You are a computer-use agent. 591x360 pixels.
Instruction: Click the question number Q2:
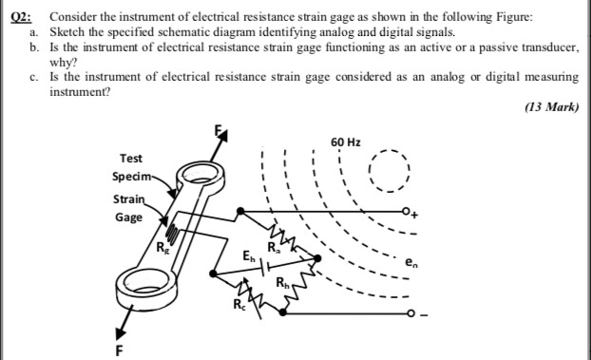coord(17,18)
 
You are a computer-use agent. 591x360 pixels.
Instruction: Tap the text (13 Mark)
coord(552,107)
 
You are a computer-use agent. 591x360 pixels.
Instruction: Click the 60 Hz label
coord(345,142)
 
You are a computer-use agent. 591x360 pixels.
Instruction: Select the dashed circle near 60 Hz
coord(388,173)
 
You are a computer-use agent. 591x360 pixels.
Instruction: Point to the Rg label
coord(161,250)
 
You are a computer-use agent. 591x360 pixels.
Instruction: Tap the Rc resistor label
coord(238,306)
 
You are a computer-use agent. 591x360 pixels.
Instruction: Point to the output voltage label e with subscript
coord(409,261)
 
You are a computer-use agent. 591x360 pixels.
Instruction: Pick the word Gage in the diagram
coord(128,218)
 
